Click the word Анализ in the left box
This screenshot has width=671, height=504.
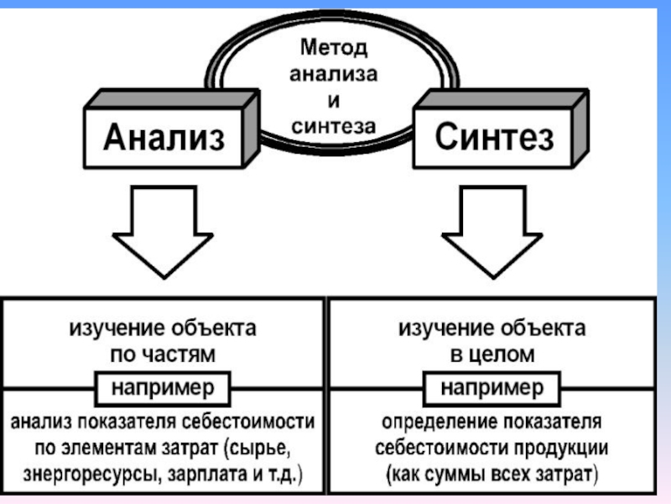[x=164, y=137]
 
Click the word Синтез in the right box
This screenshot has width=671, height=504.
[x=494, y=137]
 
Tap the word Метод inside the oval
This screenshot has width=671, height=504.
[x=334, y=47]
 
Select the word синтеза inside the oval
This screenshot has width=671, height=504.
[x=334, y=126]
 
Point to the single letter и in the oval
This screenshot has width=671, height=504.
[x=334, y=101]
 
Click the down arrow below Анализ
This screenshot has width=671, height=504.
[x=163, y=232]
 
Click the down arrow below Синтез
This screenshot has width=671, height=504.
[x=492, y=232]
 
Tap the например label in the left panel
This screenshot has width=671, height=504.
[x=163, y=388]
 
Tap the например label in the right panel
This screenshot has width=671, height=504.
[x=492, y=388]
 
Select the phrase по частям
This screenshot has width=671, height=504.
[x=163, y=354]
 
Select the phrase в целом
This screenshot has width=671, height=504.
[x=492, y=354]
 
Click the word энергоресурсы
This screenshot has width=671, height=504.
[x=93, y=475]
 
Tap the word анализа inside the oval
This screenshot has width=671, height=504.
[x=334, y=74]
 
